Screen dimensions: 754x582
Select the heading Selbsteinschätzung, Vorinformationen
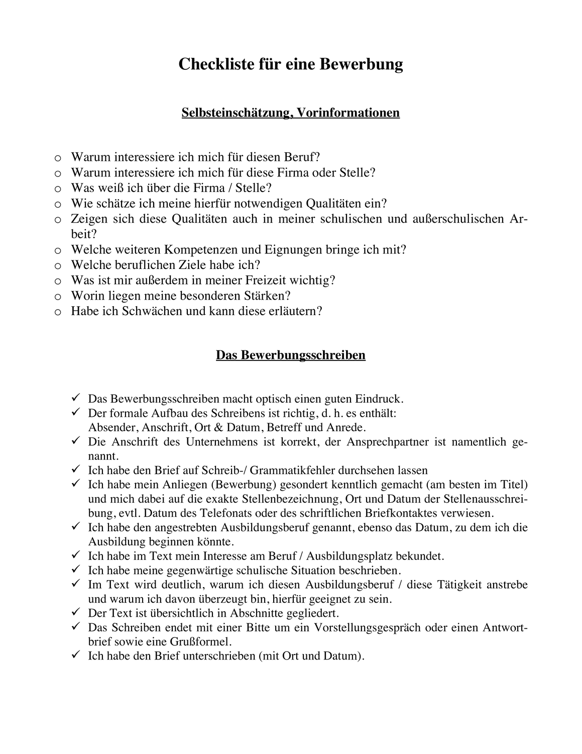(x=290, y=112)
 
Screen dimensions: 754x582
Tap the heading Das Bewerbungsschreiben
(x=290, y=355)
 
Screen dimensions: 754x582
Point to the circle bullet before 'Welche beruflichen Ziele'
(x=58, y=265)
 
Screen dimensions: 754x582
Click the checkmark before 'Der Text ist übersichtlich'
(x=76, y=613)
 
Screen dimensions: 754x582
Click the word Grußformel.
(x=201, y=642)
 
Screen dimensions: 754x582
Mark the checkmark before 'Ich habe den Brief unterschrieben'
(x=76, y=655)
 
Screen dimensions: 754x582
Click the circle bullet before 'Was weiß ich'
(x=58, y=189)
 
